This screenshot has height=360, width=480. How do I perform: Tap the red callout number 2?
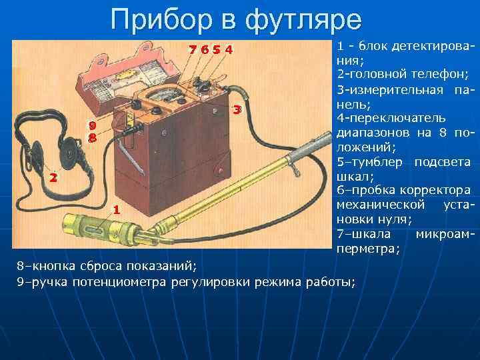pos(53,178)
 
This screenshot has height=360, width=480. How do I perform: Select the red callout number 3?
pos(236,110)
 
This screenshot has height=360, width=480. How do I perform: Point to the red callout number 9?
pos(93,125)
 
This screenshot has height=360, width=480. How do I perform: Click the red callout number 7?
pos(193,50)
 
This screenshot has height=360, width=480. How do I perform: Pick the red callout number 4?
pos(229,50)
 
